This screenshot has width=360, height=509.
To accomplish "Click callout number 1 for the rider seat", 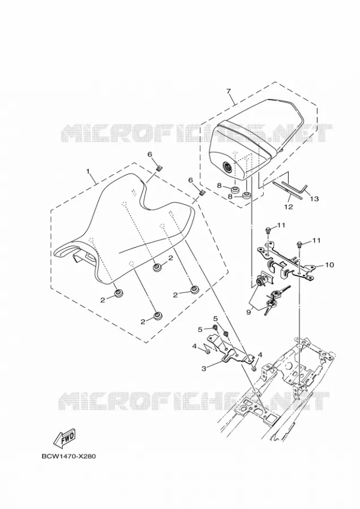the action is point(87,170).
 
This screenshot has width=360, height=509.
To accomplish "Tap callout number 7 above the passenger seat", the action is point(229,90).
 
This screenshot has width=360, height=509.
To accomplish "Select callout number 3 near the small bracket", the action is point(204,368).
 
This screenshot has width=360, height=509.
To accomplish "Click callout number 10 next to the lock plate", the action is point(329,265).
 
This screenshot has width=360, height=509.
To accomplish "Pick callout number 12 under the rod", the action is point(289,207).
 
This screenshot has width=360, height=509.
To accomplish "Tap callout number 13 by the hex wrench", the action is point(314,199).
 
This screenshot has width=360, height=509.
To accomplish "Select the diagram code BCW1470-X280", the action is point(69,456).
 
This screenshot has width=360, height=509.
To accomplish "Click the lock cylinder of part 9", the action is point(262,281).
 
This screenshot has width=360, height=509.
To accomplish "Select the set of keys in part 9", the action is point(275,299).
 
